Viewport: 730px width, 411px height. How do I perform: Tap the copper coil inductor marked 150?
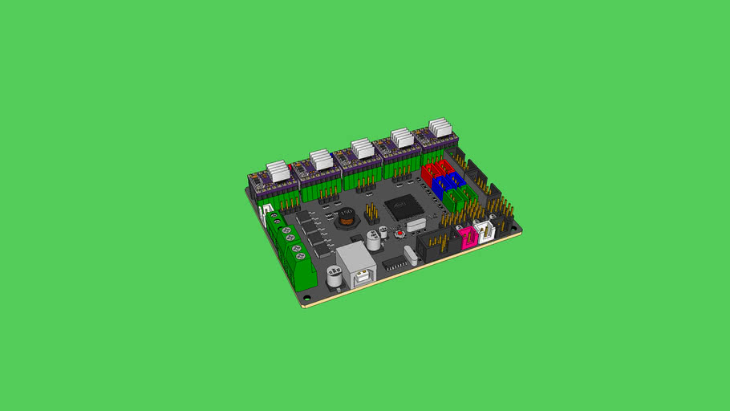[347, 217]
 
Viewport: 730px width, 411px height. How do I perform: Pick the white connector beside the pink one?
[486, 231]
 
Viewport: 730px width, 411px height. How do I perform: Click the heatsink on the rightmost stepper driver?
[440, 128]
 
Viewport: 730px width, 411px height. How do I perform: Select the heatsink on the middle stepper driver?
[361, 149]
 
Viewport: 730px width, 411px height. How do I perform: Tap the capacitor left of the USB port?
[333, 275]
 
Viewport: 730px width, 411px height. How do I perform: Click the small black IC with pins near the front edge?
[393, 262]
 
